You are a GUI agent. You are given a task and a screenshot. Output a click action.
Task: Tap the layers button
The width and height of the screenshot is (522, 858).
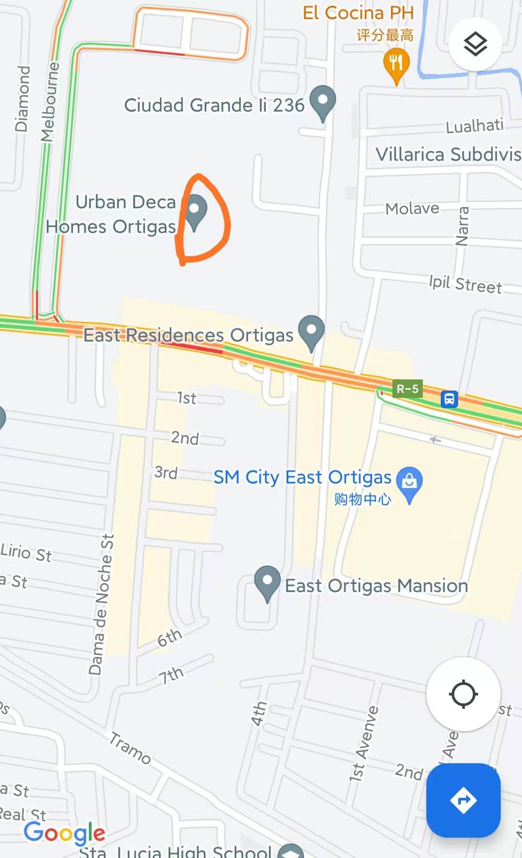pyautogui.click(x=475, y=44)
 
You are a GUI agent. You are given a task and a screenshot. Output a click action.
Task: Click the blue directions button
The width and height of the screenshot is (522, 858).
pyautogui.click(x=463, y=800)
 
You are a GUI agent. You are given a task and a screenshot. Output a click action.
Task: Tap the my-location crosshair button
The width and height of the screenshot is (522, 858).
pyautogui.click(x=463, y=694)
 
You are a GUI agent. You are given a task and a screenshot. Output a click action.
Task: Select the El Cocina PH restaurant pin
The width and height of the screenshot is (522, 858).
pyautogui.click(x=396, y=63)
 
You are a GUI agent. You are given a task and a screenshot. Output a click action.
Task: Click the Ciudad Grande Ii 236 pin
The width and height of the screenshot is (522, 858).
pyautogui.click(x=322, y=101)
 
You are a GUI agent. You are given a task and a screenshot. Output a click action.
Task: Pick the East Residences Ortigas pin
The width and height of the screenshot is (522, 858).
pyautogui.click(x=311, y=331)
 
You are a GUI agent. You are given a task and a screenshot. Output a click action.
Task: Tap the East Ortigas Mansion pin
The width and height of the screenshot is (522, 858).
pyautogui.click(x=267, y=582)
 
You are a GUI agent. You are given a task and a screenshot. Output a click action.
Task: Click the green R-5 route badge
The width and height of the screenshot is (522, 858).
pyautogui.click(x=407, y=389)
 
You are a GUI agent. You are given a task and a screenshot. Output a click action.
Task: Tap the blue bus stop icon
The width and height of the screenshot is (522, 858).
pyautogui.click(x=449, y=399)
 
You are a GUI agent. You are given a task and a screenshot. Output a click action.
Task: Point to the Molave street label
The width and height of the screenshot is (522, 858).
pyautogui.click(x=412, y=209)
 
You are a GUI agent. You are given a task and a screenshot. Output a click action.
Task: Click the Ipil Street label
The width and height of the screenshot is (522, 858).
pyautogui.click(x=465, y=284)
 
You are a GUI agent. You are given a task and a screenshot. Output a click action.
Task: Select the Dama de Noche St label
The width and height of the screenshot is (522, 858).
pyautogui.click(x=102, y=604)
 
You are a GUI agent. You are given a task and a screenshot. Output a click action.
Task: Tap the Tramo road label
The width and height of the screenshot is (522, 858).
pyautogui.click(x=130, y=748)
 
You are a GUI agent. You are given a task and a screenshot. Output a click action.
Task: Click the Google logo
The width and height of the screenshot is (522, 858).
pyautogui.click(x=64, y=832)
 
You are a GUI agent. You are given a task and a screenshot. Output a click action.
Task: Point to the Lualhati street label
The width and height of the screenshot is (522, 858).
pyautogui.click(x=474, y=126)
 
